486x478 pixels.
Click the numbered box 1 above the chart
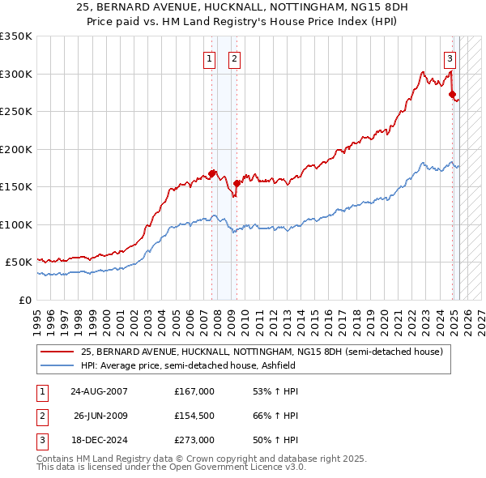(x=210, y=58)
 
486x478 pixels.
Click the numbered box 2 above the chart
(x=233, y=58)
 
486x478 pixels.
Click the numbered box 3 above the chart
(x=450, y=58)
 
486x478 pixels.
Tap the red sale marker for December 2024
(x=452, y=95)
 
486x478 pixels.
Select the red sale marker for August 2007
(x=212, y=173)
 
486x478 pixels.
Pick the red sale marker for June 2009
(x=237, y=183)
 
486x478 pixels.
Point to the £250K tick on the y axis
(x=16, y=112)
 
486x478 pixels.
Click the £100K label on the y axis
(x=16, y=224)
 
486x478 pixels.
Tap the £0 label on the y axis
(x=24, y=300)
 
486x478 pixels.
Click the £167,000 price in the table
(x=194, y=391)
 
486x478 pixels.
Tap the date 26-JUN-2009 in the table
(x=100, y=416)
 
